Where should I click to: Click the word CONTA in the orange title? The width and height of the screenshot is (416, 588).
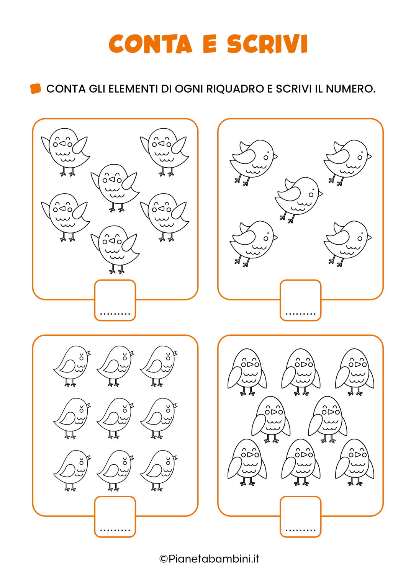point(151,44)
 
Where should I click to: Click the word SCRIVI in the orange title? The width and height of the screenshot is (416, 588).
point(267,44)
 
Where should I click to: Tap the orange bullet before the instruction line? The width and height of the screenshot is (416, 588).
point(36,89)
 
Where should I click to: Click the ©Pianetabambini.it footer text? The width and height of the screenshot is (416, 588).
point(209,559)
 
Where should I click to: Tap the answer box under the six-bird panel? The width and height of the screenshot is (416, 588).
point(115,300)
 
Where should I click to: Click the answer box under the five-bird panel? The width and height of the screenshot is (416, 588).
point(300,300)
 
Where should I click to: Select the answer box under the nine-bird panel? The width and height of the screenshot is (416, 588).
point(115,516)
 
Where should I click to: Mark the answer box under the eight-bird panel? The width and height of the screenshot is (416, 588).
point(300,516)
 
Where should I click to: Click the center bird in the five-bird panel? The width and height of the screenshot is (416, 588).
point(298,197)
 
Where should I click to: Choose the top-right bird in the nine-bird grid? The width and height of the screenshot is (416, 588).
point(159,364)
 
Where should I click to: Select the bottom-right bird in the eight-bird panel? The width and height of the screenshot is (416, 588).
point(354,461)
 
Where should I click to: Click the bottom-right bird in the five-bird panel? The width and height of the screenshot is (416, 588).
point(347,241)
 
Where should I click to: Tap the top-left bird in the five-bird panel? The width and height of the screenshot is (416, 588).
point(253,160)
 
